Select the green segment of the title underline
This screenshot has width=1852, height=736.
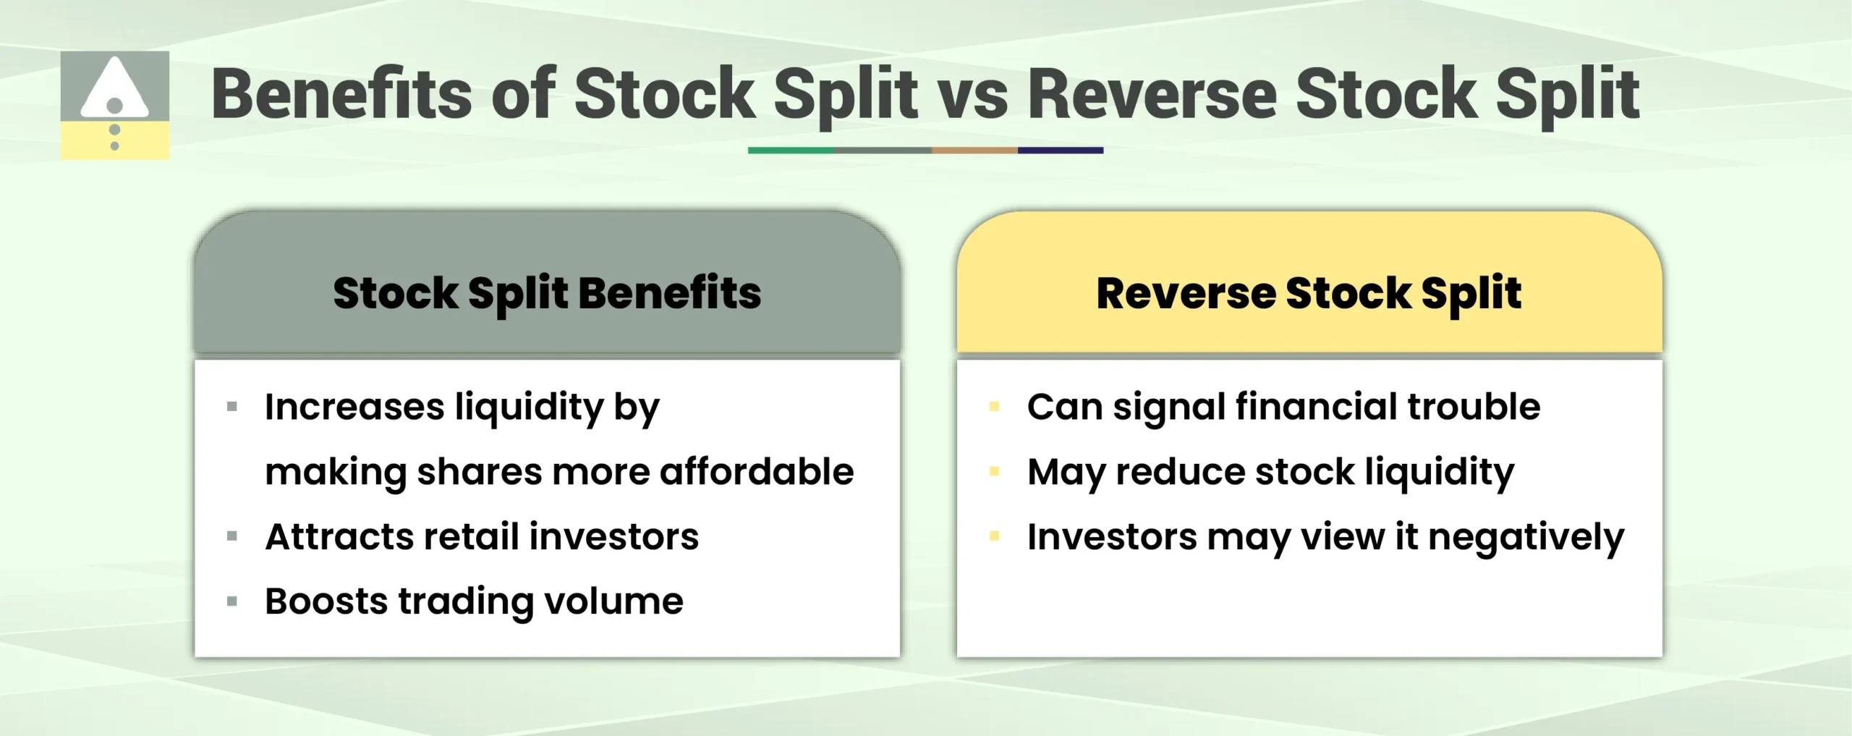(791, 151)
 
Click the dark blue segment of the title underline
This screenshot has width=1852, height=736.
(1060, 151)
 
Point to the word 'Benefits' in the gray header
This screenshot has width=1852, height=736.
(669, 293)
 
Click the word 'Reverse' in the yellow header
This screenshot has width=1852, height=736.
(1186, 293)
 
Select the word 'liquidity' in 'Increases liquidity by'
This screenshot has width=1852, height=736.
(530, 407)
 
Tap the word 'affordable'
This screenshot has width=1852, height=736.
(757, 472)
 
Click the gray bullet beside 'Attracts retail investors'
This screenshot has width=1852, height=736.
(232, 536)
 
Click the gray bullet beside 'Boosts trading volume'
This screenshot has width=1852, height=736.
(232, 601)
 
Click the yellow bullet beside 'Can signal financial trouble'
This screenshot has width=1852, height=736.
(994, 407)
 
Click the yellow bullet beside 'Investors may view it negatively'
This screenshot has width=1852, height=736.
(994, 536)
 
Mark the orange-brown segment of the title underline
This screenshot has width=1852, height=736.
(974, 151)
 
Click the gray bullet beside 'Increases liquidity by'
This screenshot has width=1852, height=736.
(232, 407)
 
